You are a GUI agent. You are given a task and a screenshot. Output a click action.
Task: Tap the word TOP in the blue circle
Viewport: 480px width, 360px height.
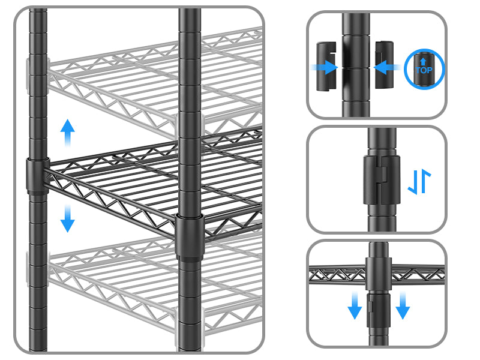pos(424,70)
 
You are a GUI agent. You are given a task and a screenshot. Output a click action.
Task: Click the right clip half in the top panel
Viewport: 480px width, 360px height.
pos(384,65)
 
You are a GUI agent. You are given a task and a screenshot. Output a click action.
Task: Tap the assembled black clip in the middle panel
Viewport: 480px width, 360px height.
pos(379,178)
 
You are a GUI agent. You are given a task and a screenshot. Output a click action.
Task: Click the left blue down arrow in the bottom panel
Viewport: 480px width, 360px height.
pos(355,306)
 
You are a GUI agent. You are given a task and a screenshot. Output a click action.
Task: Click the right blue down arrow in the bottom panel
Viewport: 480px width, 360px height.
pos(403,306)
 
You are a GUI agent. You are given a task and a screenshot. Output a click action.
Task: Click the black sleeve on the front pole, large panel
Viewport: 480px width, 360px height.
pos(190,238)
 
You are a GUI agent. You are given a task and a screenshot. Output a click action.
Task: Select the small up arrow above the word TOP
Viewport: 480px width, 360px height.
pos(424,61)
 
